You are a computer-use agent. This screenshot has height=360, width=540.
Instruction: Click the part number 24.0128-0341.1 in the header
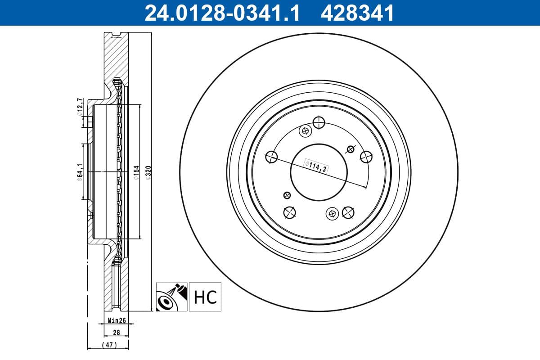click(x=221, y=13)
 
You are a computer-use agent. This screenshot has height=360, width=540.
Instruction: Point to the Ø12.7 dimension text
click(x=80, y=107)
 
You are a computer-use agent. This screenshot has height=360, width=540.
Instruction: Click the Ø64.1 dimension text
click(x=80, y=172)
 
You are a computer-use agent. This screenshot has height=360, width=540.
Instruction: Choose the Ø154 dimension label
click(x=136, y=172)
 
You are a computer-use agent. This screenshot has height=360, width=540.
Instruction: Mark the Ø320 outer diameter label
click(x=148, y=172)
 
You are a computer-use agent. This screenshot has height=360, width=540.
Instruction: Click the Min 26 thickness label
click(x=116, y=321)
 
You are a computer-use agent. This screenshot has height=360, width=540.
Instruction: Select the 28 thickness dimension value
click(x=116, y=333)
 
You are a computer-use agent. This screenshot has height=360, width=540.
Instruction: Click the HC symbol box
click(x=205, y=297)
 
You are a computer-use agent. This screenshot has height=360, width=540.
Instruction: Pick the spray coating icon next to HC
click(x=172, y=297)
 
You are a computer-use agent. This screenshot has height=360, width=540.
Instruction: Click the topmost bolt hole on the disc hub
click(x=319, y=122)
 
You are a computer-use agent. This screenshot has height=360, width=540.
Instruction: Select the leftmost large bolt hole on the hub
click(x=272, y=157)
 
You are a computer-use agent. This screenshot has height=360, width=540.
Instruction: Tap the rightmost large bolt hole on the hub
click(x=366, y=157)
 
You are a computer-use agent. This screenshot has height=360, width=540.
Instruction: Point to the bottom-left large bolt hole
click(x=289, y=212)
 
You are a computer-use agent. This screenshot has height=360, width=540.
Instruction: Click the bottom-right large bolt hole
click(x=348, y=212)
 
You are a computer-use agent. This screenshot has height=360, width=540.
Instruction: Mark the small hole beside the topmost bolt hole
click(x=305, y=131)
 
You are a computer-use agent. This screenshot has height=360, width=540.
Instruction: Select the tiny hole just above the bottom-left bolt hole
click(x=287, y=195)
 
